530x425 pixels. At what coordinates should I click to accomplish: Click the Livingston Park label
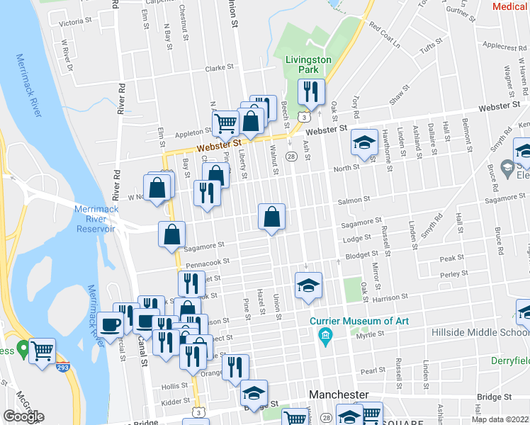[308, 64]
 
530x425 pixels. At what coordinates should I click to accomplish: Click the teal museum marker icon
[325, 334]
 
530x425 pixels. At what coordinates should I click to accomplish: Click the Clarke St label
[219, 68]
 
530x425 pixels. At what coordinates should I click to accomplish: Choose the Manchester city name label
[339, 395]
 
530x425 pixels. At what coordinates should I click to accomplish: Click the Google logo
[23, 416]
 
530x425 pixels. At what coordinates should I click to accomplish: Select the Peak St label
[451, 259]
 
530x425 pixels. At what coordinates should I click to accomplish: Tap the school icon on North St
[364, 144]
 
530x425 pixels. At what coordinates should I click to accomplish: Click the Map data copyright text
[500, 419]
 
